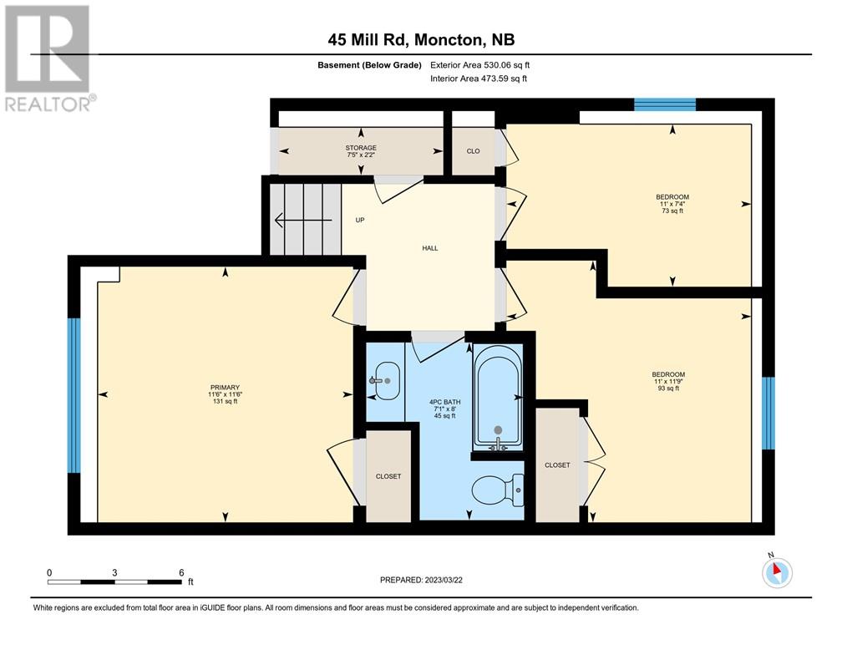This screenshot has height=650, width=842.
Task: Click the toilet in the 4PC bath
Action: click(497, 490)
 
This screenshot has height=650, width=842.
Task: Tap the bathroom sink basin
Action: click(386, 381)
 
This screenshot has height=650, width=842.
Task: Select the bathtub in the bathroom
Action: click(498, 398)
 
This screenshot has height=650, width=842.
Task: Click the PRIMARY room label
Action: click(225, 388)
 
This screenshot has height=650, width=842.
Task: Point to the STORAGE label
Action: click(361, 148)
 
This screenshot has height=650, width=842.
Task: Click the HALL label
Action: click(430, 248)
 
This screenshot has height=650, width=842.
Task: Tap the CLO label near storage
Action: click(473, 151)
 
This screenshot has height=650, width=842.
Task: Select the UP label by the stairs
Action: click(360, 220)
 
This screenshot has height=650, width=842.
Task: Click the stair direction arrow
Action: click(303, 220)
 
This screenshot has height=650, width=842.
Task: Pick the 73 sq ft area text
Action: click(672, 211)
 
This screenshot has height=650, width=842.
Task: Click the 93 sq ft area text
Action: click(668, 388)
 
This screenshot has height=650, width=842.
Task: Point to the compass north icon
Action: click(777, 571)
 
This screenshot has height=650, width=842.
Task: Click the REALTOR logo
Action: click(49, 58)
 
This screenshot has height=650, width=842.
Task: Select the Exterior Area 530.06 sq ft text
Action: click(480, 65)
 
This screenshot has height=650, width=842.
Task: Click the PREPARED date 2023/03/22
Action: click(421, 580)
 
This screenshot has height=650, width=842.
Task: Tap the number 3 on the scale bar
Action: click(114, 572)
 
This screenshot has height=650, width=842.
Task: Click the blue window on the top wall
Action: click(665, 104)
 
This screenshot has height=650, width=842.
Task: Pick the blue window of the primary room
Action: click(74, 395)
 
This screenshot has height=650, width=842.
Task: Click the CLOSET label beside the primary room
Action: click(388, 476)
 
